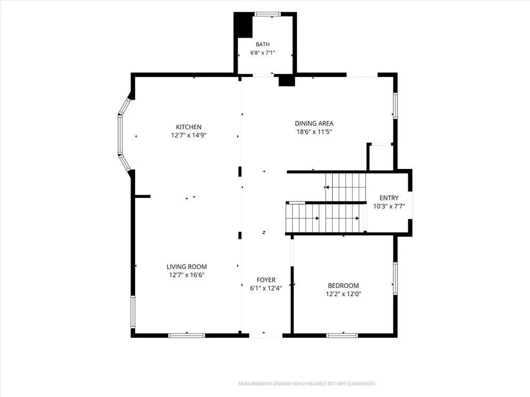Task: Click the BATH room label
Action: (262, 44)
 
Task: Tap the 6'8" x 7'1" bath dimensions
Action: (262, 53)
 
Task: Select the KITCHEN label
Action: (188, 127)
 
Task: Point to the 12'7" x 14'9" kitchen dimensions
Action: (188, 135)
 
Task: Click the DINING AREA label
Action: (314, 123)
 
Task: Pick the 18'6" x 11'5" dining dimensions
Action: (314, 132)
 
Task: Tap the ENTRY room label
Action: (389, 198)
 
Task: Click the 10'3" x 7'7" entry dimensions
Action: (389, 206)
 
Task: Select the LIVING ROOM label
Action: (186, 267)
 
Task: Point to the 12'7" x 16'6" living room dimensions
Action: (186, 275)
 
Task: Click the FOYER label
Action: (266, 280)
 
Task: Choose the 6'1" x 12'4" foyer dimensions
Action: (266, 288)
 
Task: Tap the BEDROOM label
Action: (344, 285)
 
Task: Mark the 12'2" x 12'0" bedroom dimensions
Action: (344, 294)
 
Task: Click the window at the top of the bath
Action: (268, 14)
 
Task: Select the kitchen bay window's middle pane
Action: (120, 135)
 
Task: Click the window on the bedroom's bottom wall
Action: (342, 335)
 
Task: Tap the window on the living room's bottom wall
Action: (186, 335)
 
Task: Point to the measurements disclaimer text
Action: (307, 384)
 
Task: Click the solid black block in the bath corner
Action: (243, 25)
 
